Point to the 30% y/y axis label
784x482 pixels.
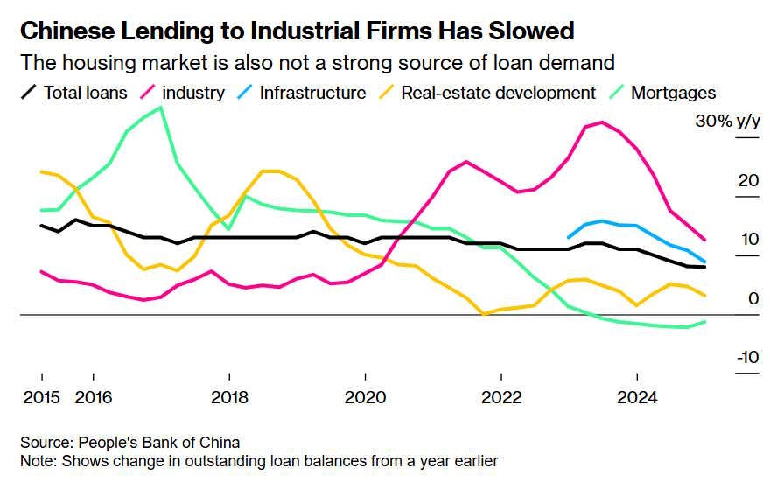pyautogui.click(x=726, y=122)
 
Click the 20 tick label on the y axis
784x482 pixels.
pyautogui.click(x=747, y=181)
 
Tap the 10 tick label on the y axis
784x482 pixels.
pyautogui.click(x=747, y=240)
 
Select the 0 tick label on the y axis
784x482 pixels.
pyautogui.click(x=752, y=299)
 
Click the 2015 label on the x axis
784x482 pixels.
pyautogui.click(x=40, y=398)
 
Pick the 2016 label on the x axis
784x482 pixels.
pyautogui.click(x=94, y=398)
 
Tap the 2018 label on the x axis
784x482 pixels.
pyautogui.click(x=229, y=398)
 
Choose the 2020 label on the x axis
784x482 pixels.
pyautogui.click(x=365, y=398)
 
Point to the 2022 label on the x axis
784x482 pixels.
pyautogui.click(x=501, y=398)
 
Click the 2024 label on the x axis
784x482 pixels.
pyautogui.click(x=637, y=398)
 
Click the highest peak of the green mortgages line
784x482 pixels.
pyautogui.click(x=160, y=108)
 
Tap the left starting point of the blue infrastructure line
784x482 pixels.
pyautogui.click(x=569, y=237)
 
